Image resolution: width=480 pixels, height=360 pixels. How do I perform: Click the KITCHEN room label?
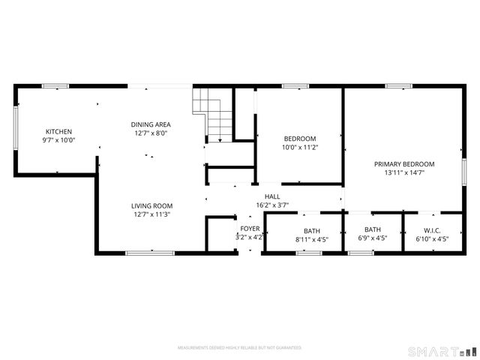pos(58,131)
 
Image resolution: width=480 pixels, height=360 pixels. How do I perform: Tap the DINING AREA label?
pos(151,124)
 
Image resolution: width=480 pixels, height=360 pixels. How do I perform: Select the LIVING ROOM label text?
pos(151,205)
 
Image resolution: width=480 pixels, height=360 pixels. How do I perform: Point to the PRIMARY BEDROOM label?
pos(404,163)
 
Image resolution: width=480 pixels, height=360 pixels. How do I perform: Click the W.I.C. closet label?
pos(432,230)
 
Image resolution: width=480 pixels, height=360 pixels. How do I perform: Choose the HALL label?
pos(271,196)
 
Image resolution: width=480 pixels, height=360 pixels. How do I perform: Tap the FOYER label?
pos(250,228)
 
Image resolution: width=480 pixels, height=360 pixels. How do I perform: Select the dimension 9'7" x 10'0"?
pos(58,140)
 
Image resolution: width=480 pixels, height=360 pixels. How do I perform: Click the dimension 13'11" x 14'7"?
pos(404,172)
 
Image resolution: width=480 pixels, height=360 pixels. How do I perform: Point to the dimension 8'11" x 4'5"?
pos(311,239)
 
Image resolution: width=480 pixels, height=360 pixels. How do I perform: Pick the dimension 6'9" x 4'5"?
pos(372,239)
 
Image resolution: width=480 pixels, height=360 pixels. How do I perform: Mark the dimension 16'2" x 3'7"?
pos(271,204)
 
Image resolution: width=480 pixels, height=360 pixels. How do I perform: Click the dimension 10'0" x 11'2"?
pos(300,147)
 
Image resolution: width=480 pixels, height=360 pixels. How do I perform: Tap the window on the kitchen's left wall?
pos(16,129)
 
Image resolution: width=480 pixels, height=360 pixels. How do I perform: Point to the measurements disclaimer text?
pos(239,348)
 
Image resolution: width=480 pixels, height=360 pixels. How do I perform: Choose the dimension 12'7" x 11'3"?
pos(151,214)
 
